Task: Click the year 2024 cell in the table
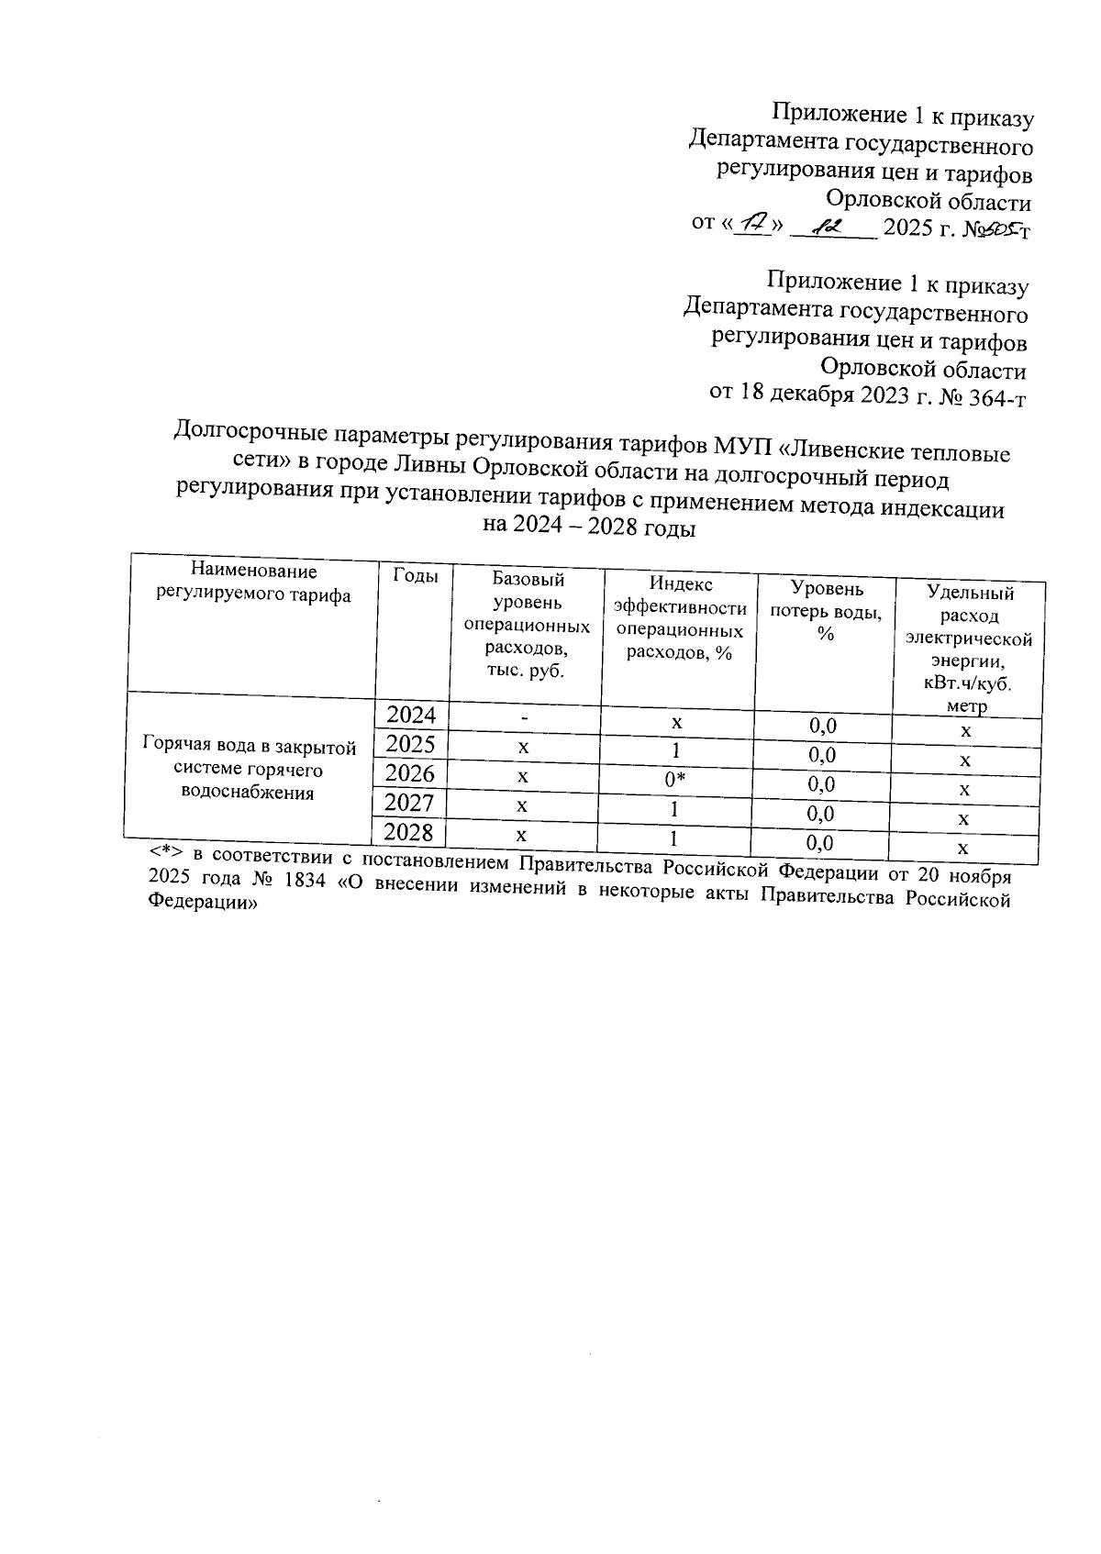(411, 715)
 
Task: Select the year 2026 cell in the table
(409, 773)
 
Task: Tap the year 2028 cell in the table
(407, 833)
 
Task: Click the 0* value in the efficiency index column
(675, 780)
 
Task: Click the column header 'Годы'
(416, 575)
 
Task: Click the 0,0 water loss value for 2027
(821, 814)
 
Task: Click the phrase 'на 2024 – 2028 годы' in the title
(589, 528)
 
